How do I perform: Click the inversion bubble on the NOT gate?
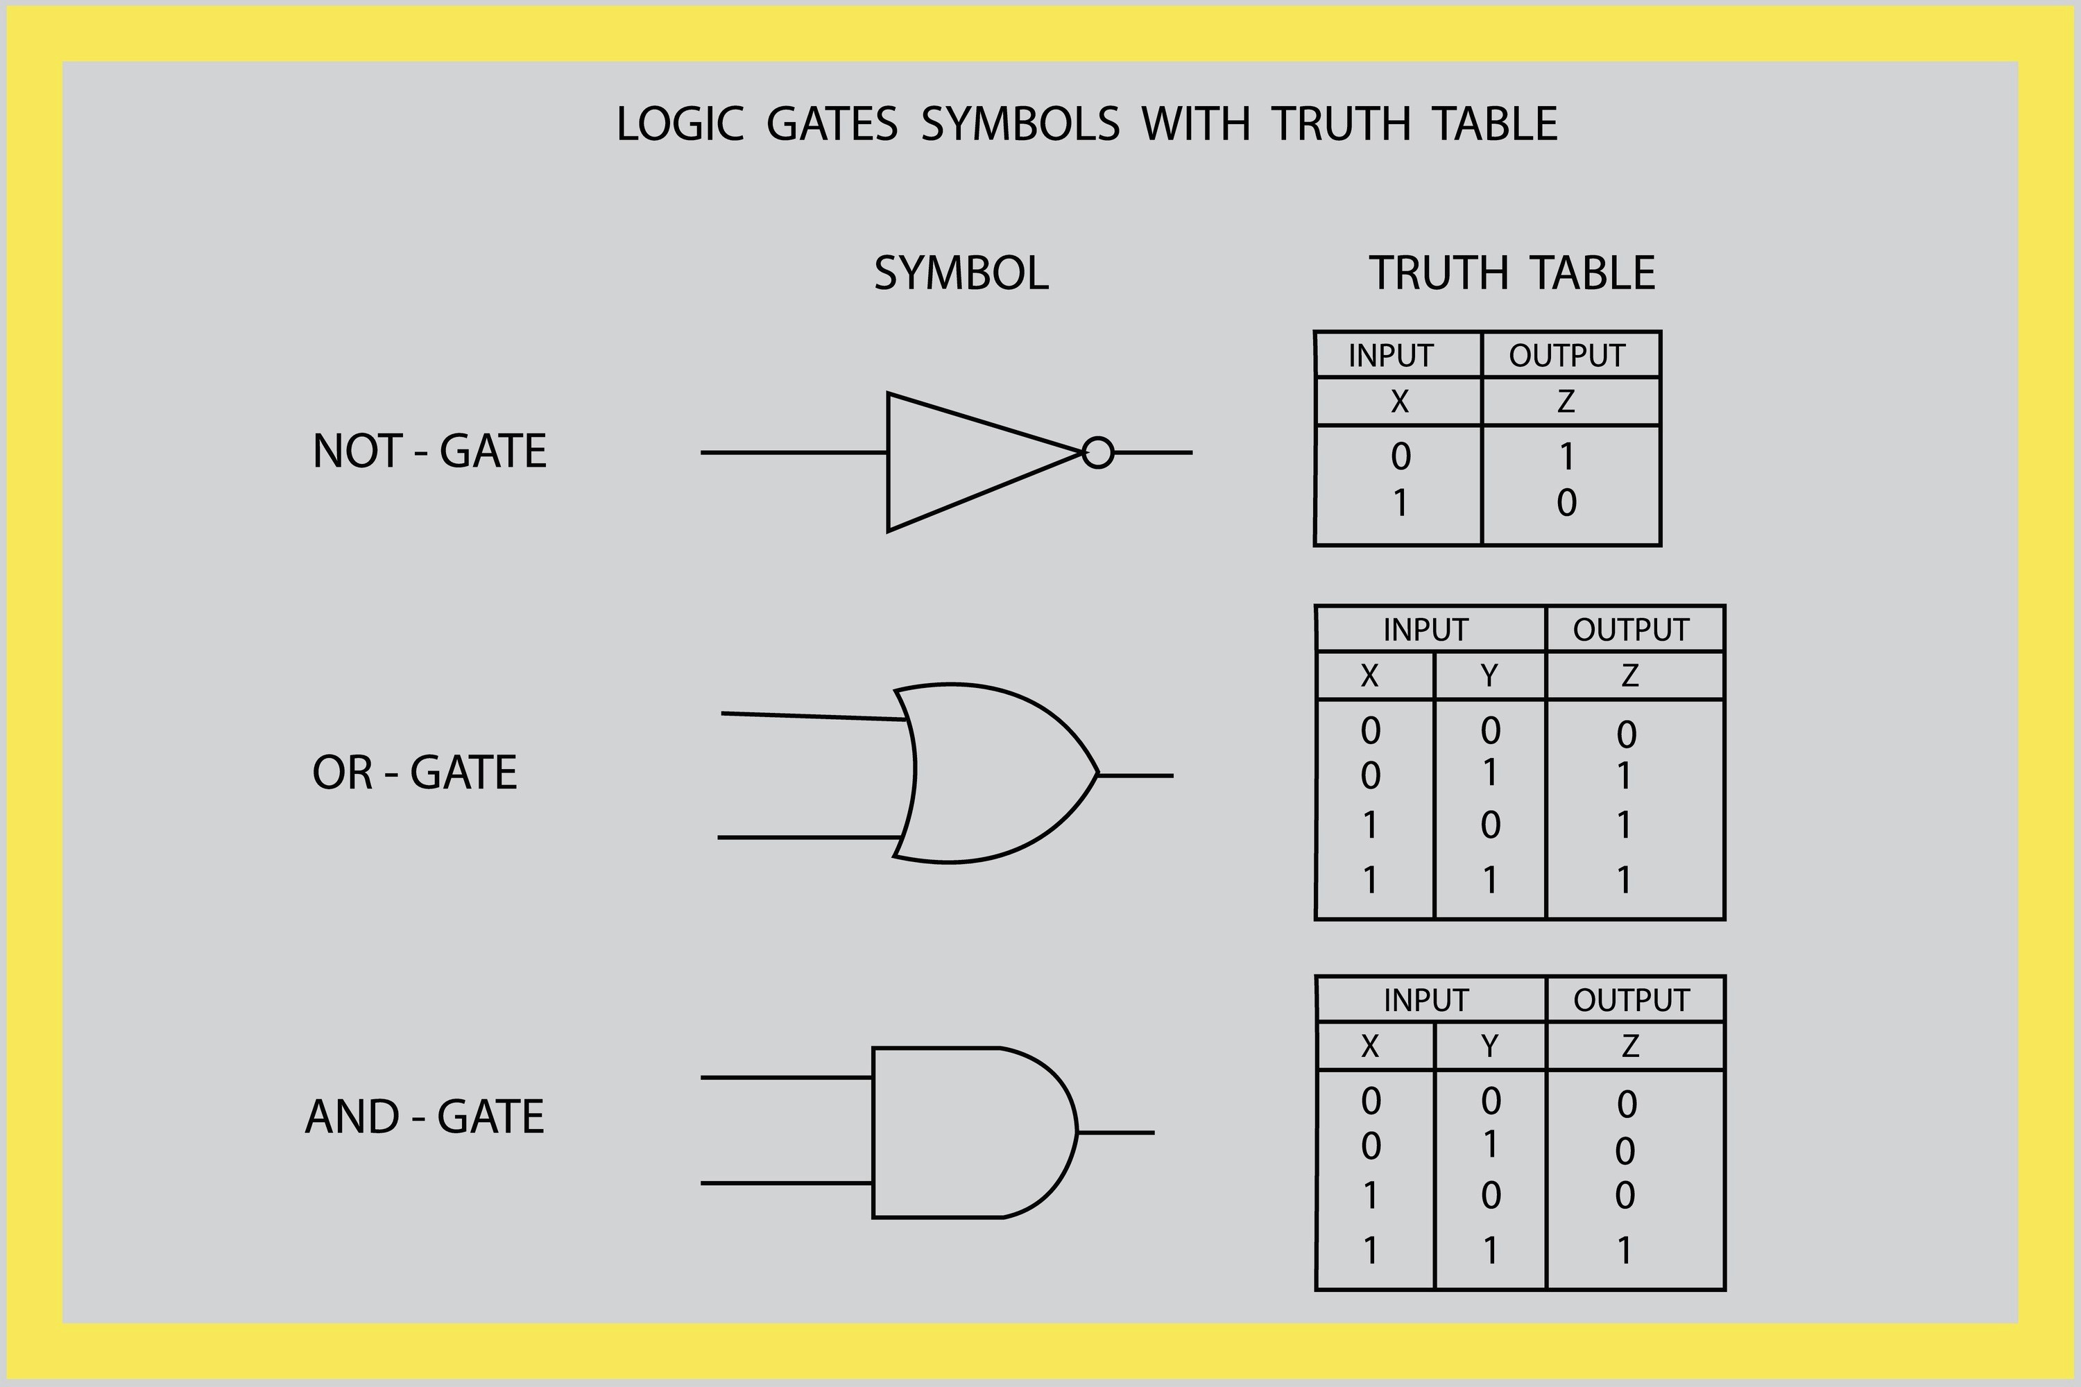tap(1098, 453)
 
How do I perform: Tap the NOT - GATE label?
tap(429, 451)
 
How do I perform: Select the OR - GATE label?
tap(414, 773)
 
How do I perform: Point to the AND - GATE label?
tap(425, 1117)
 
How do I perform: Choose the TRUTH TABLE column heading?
tap(1512, 273)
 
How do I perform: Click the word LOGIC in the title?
tap(678, 124)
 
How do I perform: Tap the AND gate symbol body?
tap(964, 1133)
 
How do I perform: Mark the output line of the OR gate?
tap(1136, 776)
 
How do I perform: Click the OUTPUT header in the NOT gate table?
tap(1567, 356)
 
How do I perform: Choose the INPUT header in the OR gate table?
tap(1425, 630)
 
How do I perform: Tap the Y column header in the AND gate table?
tap(1490, 1046)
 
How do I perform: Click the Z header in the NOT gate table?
tap(1566, 402)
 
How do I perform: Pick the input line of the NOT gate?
tap(794, 453)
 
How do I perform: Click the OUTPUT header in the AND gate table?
tap(1632, 1001)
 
